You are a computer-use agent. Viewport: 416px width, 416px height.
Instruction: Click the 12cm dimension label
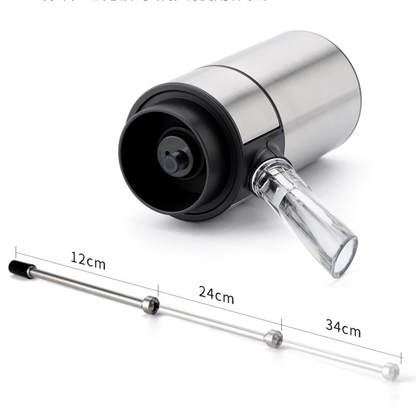(x=88, y=261)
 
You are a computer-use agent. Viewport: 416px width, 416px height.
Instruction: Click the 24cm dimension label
(x=216, y=295)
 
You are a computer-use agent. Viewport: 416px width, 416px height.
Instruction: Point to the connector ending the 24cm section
(x=274, y=338)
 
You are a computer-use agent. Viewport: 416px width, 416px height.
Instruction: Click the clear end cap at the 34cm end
(x=391, y=371)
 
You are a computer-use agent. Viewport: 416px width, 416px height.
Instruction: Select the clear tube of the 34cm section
(x=333, y=355)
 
